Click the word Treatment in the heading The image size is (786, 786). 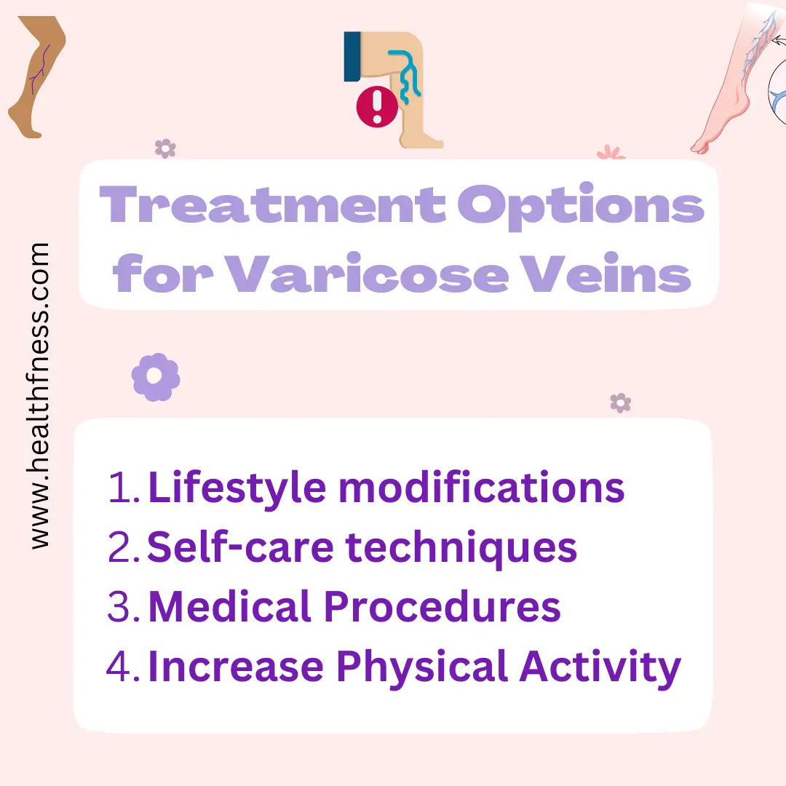coord(272,204)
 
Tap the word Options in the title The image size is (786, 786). coord(581,206)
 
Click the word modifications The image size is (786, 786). coord(482,486)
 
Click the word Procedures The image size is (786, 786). coord(442,606)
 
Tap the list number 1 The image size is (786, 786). coord(123,486)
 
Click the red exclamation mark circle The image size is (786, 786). coord(377,106)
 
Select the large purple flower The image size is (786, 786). coord(156,377)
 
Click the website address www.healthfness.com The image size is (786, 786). coord(39,395)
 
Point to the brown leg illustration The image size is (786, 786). coord(36,76)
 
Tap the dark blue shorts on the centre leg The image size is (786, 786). coord(352,57)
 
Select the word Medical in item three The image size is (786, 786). coord(230,606)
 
